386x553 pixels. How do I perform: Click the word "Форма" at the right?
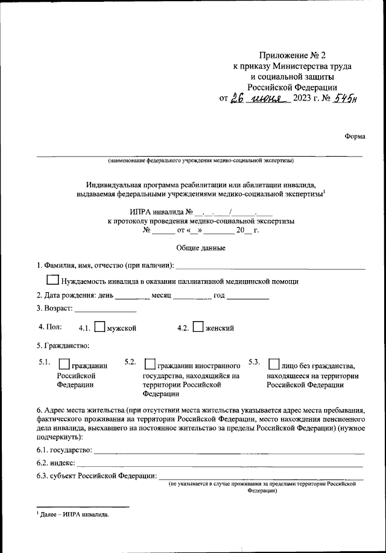coord(355,136)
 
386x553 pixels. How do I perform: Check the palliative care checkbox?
coord(52,280)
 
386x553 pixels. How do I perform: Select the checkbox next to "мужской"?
coord(100,328)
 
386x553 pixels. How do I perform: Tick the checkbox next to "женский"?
coord(198,328)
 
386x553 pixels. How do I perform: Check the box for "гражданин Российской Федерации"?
coord(63,364)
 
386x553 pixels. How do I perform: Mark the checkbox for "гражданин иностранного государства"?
coord(150,364)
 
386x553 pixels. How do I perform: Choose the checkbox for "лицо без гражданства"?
coord(273,364)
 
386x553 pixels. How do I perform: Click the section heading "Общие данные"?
coord(192,248)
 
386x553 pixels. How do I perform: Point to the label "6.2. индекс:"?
coord(55,463)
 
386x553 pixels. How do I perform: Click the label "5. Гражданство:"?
coord(63,346)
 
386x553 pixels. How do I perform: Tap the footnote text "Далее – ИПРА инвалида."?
coord(75,516)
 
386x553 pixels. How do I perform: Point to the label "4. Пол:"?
coord(50,327)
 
